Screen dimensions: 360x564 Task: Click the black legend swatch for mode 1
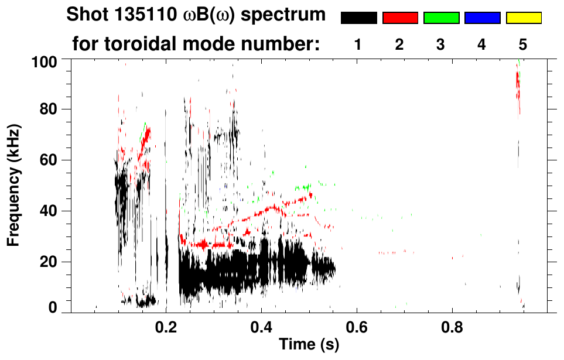point(359,18)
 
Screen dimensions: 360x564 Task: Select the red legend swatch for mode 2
point(400,18)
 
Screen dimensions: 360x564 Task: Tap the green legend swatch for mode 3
point(441,18)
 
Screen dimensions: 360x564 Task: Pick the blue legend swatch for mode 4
point(482,18)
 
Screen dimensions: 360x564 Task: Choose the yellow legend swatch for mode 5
point(524,18)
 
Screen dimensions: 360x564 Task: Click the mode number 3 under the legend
point(441,44)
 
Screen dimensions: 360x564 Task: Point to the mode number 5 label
point(523,44)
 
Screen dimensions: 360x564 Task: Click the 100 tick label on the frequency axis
point(51,61)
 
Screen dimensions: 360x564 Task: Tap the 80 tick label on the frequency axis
point(54,109)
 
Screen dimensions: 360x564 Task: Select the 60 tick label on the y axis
point(54,160)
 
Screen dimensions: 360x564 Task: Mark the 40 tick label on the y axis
point(54,211)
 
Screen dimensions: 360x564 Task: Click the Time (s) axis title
point(308,345)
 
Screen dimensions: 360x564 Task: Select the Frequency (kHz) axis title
point(14,185)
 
